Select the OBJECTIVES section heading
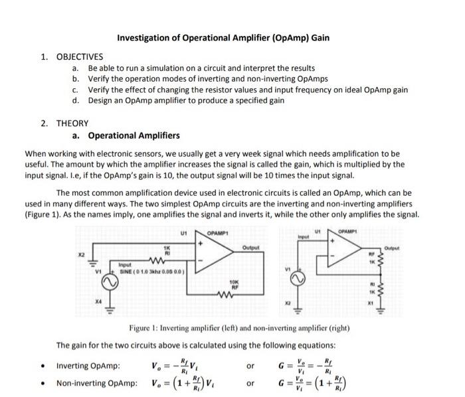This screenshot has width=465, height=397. tap(80, 57)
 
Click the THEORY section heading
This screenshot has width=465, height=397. tap(72, 123)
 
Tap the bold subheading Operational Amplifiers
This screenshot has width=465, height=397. tap(134, 136)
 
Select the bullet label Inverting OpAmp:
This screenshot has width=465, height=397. tap(88, 366)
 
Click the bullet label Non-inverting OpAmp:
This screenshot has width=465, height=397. tap(96, 383)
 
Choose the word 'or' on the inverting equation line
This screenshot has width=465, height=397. tap(250, 366)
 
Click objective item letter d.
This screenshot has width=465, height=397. tap(76, 100)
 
